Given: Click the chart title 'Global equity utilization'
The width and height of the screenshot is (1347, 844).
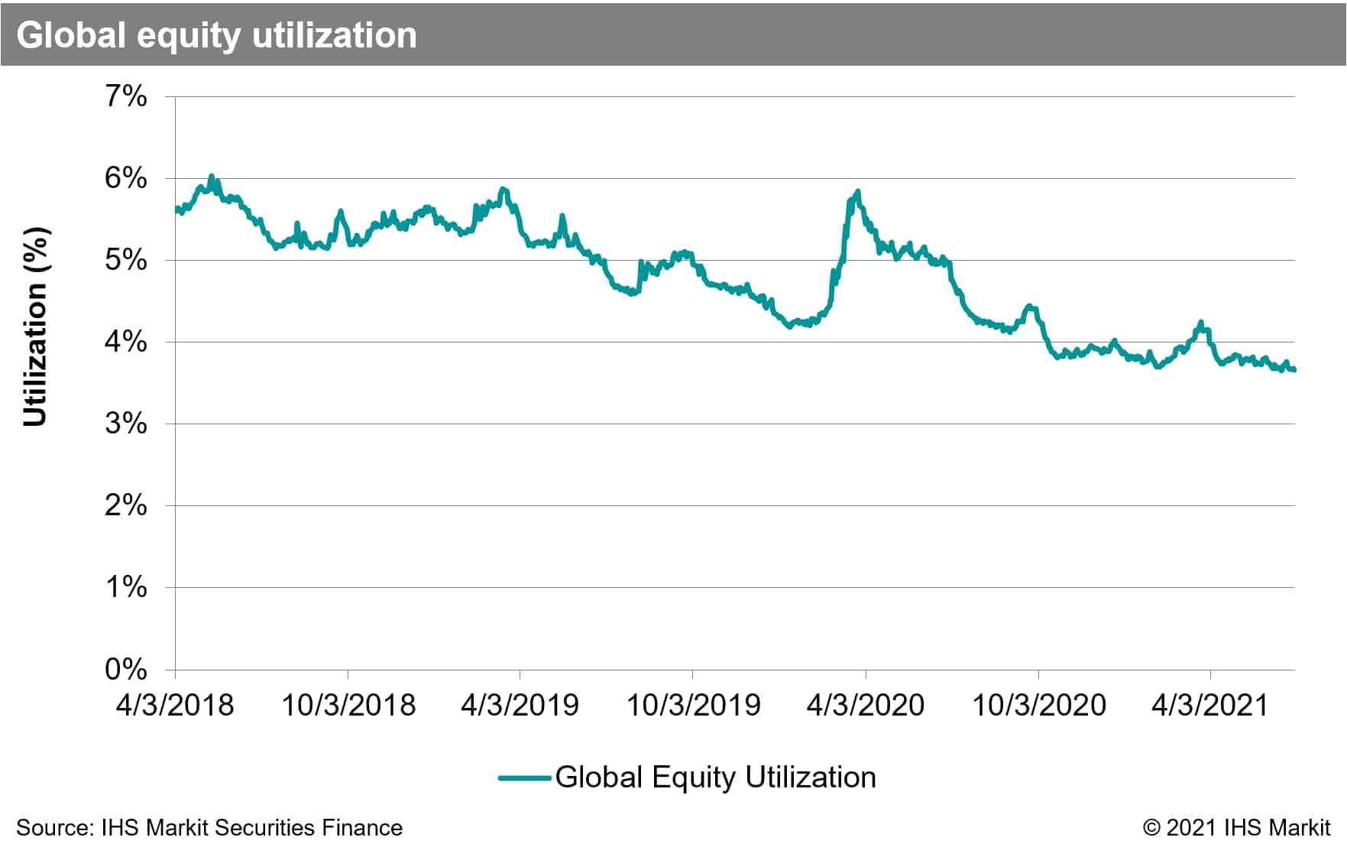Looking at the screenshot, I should (x=216, y=35).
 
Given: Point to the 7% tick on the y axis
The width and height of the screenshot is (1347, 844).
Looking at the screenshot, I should (x=126, y=96).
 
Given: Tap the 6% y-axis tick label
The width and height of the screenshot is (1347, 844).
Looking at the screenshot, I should (x=126, y=178).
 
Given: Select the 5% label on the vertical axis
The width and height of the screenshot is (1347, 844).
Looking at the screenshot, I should (x=126, y=260).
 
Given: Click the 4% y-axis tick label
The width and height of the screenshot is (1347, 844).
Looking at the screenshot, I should (x=126, y=342).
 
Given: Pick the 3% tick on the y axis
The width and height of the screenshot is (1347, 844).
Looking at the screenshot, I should (x=126, y=424).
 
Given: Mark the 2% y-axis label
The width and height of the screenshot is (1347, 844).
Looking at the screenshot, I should (x=126, y=505).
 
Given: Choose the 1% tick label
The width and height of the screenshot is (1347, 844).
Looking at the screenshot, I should (x=126, y=587).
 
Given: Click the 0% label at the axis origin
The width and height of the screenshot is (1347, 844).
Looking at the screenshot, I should (x=126, y=670).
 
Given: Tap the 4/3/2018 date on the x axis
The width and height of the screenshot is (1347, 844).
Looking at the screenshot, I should (x=175, y=705).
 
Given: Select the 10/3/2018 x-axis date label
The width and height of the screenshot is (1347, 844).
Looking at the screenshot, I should (x=348, y=705).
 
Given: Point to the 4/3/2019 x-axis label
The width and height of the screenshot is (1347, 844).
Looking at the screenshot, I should (x=520, y=705).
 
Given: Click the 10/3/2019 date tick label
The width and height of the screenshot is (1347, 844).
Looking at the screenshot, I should (x=693, y=705).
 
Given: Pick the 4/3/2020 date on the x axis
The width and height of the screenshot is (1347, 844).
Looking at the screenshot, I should (x=866, y=705).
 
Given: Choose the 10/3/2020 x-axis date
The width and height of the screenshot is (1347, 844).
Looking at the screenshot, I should (x=1038, y=705).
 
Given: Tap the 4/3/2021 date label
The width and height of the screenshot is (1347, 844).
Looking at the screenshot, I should (x=1210, y=705).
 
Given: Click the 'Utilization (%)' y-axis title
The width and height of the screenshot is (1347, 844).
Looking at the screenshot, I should (x=35, y=326).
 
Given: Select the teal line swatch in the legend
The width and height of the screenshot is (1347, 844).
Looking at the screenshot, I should (x=525, y=778).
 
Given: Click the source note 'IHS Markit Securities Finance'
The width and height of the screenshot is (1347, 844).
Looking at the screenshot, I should (x=251, y=828).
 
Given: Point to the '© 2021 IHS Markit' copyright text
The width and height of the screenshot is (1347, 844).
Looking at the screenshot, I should (x=1236, y=828).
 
